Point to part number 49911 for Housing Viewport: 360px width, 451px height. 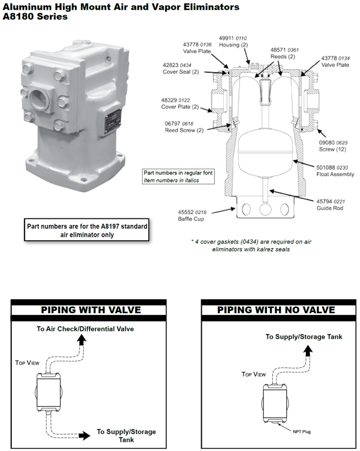pos(227,38)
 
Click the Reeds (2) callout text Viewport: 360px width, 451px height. pos(284,57)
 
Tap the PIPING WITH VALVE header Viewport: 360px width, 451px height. pos(88,310)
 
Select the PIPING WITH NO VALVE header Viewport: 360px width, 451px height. pos(276,310)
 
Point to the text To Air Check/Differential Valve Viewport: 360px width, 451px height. pos(85,329)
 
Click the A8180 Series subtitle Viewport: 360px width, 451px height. pos(35,17)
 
